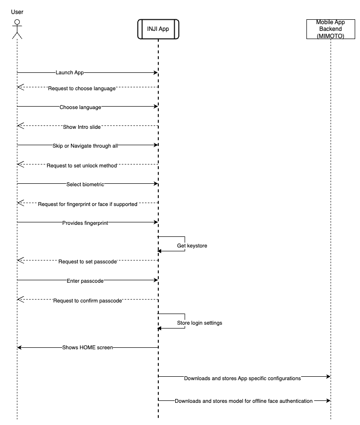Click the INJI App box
point(158,29)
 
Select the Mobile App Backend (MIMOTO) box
point(331,29)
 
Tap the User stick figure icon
point(17,29)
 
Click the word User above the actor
point(17,12)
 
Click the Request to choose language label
point(82,88)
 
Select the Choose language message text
point(80,107)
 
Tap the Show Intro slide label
point(82,127)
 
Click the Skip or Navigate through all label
point(85,145)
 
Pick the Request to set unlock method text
point(82,165)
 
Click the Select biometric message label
point(85,184)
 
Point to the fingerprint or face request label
point(88,204)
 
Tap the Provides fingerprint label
point(85,222)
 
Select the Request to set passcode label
point(88,262)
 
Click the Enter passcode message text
point(85,280)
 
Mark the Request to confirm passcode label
point(87,301)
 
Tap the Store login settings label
point(199,323)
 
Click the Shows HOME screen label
point(87,347)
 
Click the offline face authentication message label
point(244,401)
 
